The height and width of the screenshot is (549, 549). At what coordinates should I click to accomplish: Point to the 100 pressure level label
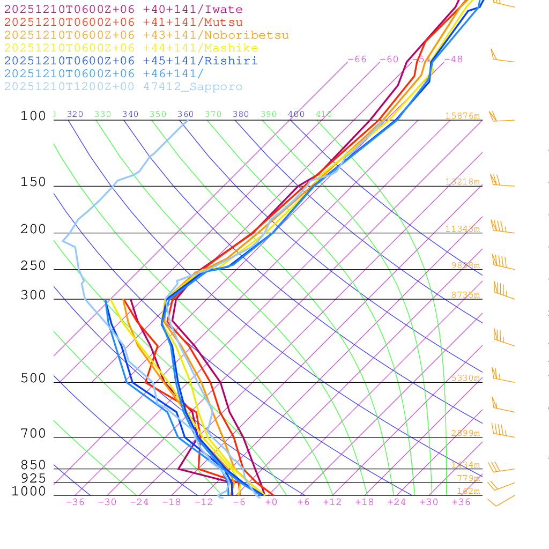click(x=33, y=116)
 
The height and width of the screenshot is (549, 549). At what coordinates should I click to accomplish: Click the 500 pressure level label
click(x=33, y=379)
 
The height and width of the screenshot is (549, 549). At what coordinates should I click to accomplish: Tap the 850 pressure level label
click(x=33, y=465)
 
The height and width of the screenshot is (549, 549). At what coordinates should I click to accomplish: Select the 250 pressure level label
click(x=33, y=266)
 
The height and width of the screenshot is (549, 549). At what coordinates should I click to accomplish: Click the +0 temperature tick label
click(x=271, y=502)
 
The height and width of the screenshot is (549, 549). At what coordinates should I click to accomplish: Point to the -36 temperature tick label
click(x=75, y=502)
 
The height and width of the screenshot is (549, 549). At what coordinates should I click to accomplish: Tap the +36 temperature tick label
click(x=461, y=502)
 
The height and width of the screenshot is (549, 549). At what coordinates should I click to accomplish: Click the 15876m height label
click(x=462, y=116)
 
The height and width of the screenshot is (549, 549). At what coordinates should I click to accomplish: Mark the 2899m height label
click(x=465, y=433)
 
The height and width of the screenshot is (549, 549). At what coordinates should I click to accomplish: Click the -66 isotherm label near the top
click(x=357, y=59)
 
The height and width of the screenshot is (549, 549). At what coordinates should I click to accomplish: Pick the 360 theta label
click(x=186, y=114)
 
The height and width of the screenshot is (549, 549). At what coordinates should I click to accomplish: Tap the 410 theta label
click(x=324, y=114)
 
